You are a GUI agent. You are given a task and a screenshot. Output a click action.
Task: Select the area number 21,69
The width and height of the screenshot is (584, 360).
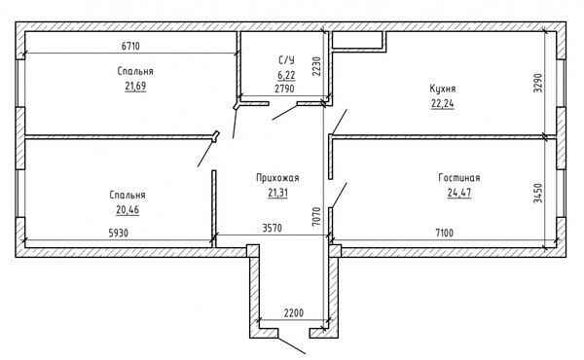(134, 88)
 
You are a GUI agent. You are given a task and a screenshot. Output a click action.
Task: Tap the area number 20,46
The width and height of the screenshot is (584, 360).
(128, 209)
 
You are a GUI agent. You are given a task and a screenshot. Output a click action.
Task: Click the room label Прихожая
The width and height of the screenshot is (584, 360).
(276, 178)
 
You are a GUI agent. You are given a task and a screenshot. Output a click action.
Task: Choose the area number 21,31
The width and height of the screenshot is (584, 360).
(277, 193)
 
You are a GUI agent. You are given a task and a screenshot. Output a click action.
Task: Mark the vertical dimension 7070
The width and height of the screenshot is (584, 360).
(316, 215)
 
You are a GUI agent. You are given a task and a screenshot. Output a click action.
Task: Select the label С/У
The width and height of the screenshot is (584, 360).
(286, 60)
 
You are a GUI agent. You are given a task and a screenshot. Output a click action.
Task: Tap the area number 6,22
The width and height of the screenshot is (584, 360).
(286, 74)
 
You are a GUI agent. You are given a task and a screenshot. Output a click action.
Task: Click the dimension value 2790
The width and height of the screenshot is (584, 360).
(284, 89)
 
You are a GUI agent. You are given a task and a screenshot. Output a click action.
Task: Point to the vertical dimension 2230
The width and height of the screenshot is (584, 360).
(316, 65)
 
